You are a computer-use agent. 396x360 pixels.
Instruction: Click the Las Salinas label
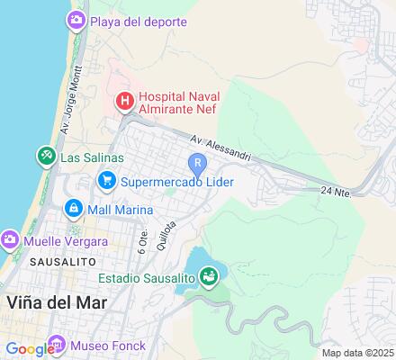tap(92, 157)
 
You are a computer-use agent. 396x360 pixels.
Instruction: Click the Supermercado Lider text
tap(177, 183)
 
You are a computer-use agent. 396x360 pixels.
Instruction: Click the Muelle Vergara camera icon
tap(11, 239)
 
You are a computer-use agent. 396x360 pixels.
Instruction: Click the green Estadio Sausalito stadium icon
tap(210, 277)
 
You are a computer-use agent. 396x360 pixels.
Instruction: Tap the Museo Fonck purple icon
tap(58, 344)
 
